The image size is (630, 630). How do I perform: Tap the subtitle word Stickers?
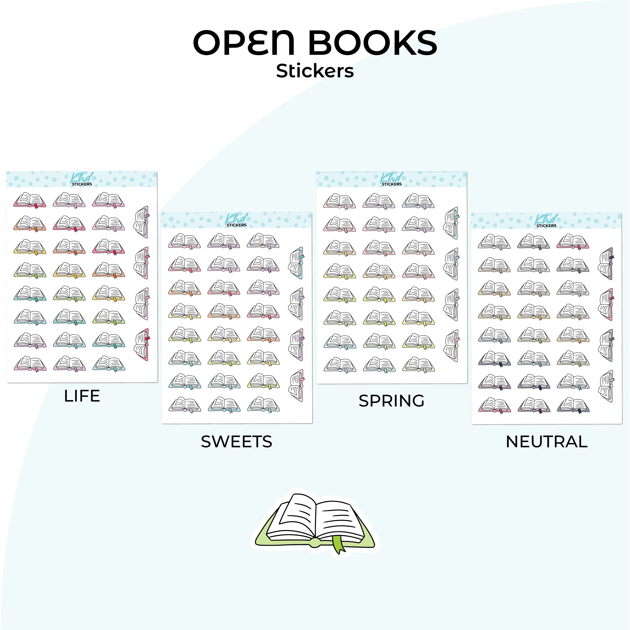(315, 71)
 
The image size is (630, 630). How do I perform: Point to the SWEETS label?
(236, 442)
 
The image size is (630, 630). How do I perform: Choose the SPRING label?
(392, 401)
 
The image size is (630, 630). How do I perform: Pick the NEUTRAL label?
(546, 442)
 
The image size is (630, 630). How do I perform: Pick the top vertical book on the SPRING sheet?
(451, 223)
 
